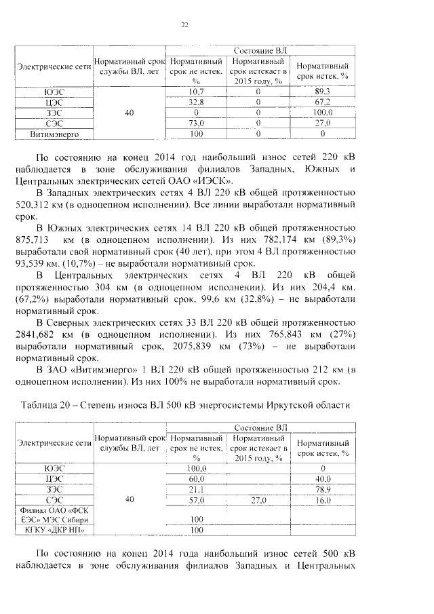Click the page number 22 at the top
184,26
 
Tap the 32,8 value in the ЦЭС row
197,102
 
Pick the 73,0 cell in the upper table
197,123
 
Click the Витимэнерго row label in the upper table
54,134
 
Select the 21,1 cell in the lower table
197,489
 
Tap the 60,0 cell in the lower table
197,478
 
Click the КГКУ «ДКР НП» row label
54,529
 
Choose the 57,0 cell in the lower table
197,500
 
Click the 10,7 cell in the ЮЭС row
197,91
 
